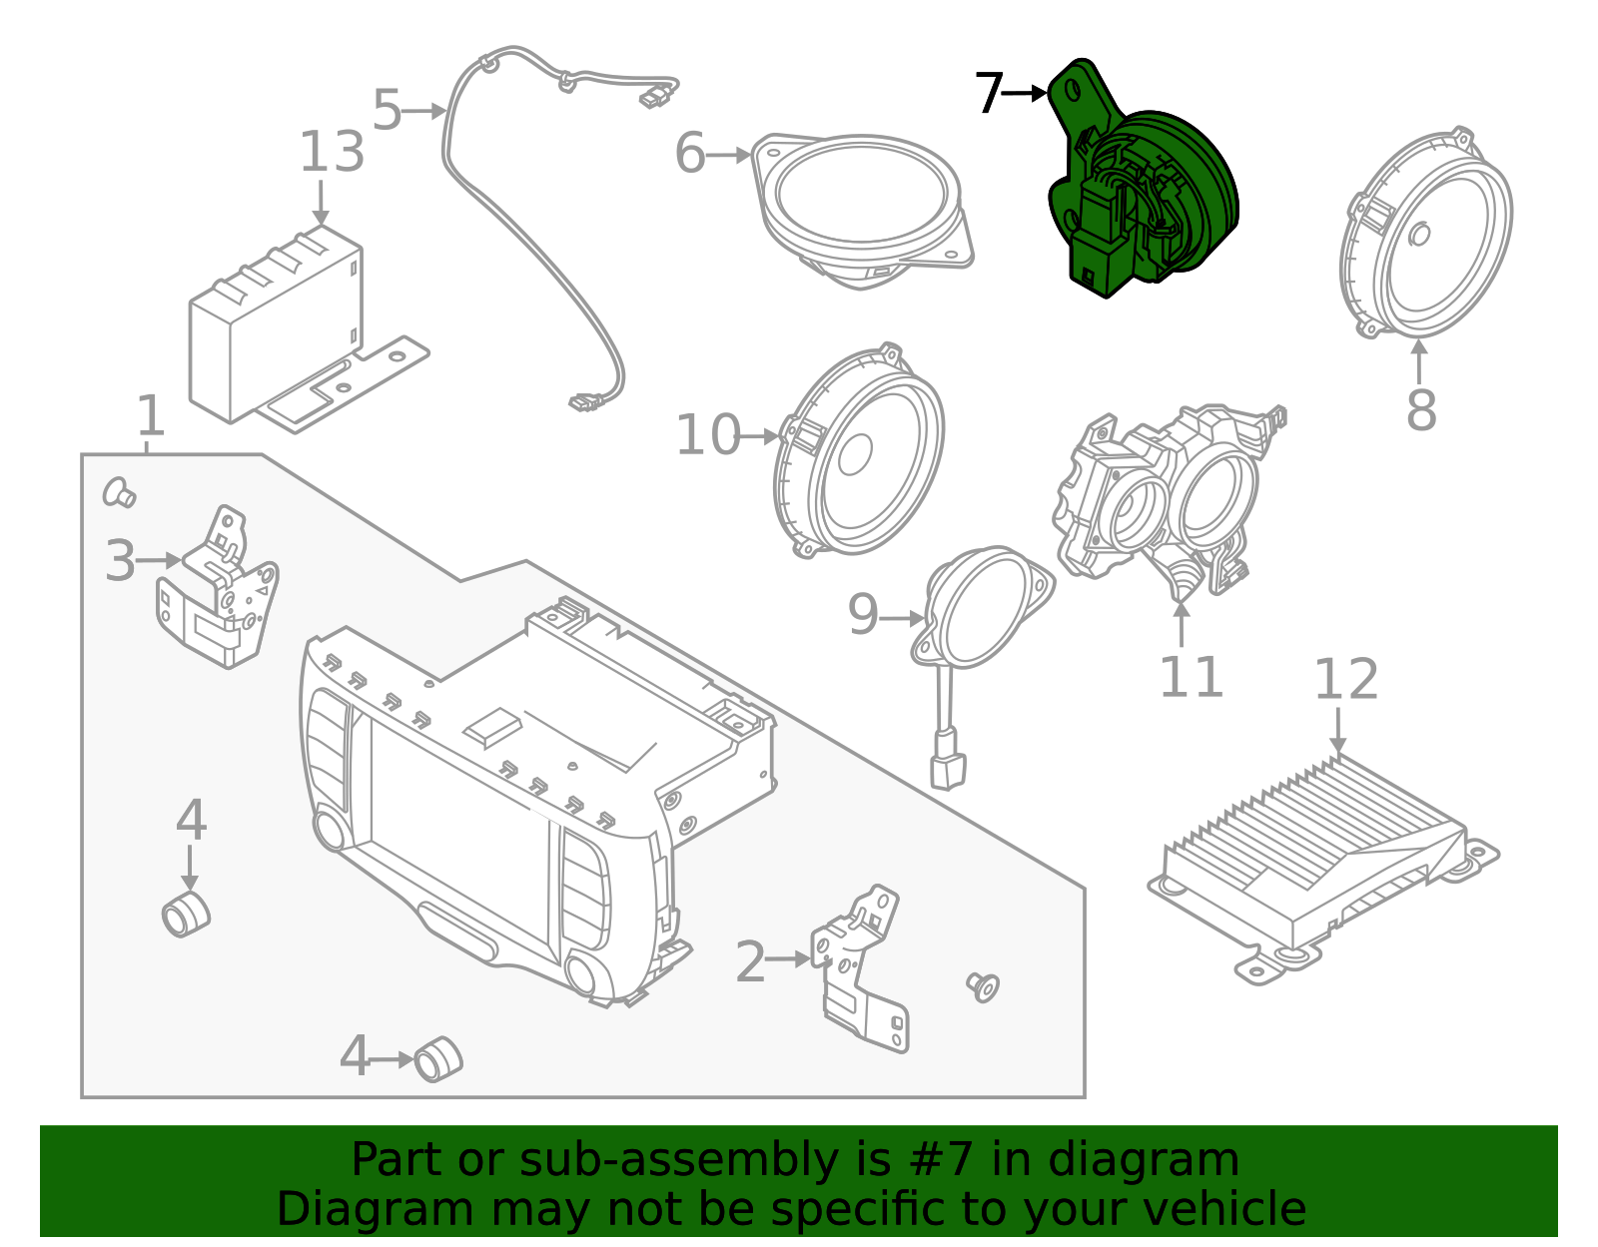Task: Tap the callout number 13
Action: click(x=332, y=153)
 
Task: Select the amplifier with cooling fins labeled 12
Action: click(x=1318, y=859)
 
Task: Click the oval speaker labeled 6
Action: click(x=864, y=205)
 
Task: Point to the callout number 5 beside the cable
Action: click(x=387, y=110)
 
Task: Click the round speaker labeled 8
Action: click(x=1428, y=235)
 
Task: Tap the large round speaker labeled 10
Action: click(x=859, y=454)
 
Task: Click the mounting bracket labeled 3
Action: click(x=220, y=594)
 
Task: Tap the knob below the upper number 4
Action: click(x=186, y=914)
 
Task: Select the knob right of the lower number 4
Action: click(x=438, y=1058)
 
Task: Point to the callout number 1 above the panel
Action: click(x=150, y=416)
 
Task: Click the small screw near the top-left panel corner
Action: click(x=120, y=491)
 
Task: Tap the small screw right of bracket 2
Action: click(x=983, y=986)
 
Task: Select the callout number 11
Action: click(x=1191, y=678)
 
